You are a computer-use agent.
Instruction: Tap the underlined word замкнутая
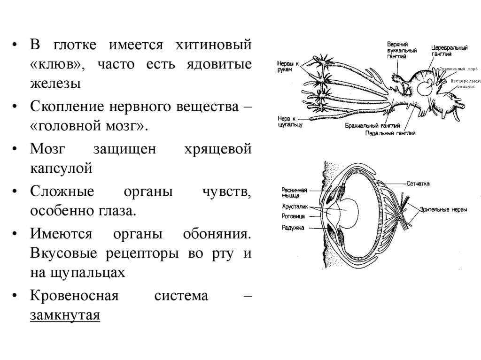pos(65,315)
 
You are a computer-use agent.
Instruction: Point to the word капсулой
pos(61,168)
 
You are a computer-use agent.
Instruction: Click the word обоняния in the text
pos(218,234)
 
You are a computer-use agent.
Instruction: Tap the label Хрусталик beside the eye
pos(294,207)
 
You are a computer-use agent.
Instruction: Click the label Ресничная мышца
pos(295,192)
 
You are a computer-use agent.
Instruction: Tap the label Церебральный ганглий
pos(450,51)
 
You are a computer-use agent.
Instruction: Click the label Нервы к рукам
pos(286,66)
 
